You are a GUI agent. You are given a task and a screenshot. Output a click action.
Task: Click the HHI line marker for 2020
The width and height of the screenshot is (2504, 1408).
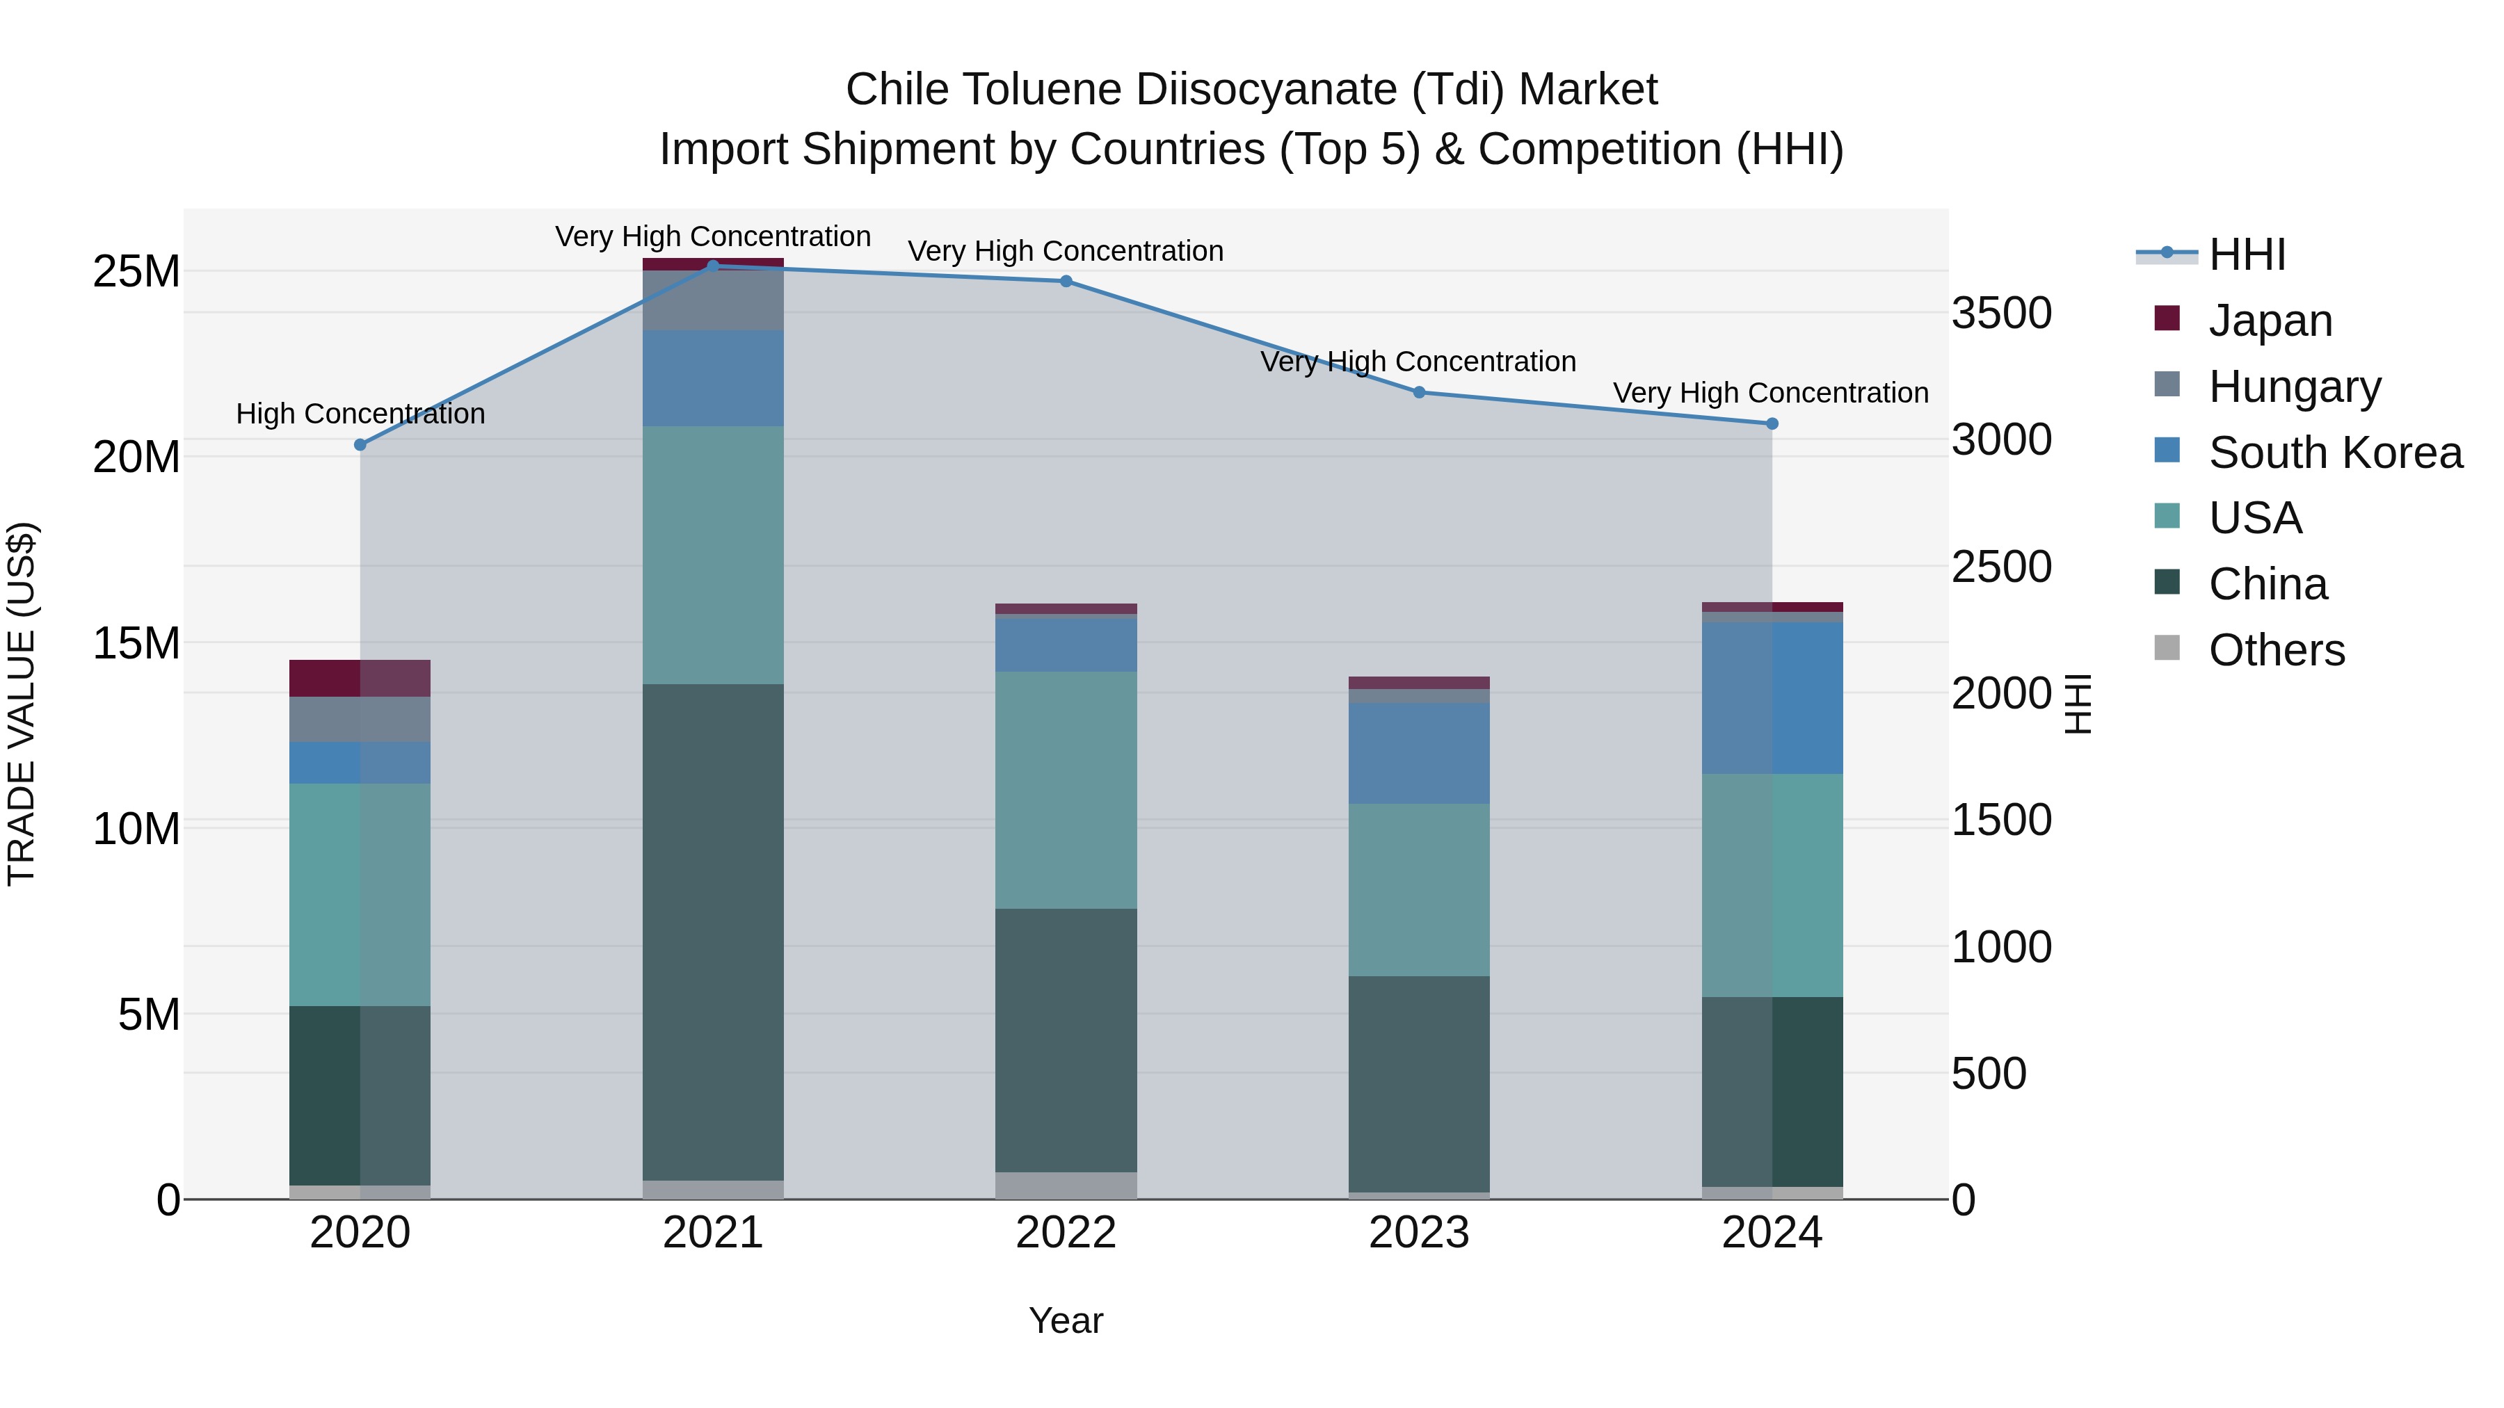pyautogui.click(x=360, y=445)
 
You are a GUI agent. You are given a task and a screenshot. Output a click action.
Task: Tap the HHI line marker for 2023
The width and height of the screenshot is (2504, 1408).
pyautogui.click(x=1418, y=393)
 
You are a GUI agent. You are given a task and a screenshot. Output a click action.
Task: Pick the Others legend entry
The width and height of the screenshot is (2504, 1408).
pyautogui.click(x=2276, y=650)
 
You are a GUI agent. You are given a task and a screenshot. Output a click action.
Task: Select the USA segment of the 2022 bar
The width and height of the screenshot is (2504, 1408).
pyautogui.click(x=1066, y=790)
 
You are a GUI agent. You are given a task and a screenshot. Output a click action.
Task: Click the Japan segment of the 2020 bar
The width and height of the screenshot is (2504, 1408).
pyautogui.click(x=360, y=678)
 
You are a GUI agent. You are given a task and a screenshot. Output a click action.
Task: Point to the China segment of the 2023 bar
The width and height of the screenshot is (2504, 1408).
pyautogui.click(x=1418, y=1083)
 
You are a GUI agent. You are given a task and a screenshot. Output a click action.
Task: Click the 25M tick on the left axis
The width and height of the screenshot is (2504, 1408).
pyautogui.click(x=136, y=272)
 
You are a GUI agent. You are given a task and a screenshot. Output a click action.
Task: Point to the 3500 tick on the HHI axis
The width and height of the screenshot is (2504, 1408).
pyautogui.click(x=2000, y=314)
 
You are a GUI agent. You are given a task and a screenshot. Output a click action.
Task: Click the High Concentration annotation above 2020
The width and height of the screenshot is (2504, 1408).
pyautogui.click(x=360, y=414)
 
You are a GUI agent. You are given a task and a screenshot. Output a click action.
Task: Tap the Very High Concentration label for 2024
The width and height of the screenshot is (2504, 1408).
pyautogui.click(x=1770, y=394)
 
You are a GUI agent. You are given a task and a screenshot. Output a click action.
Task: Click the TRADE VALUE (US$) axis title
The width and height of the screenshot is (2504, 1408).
pyautogui.click(x=22, y=704)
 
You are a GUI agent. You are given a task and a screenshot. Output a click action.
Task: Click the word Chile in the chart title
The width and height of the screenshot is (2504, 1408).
pyautogui.click(x=897, y=90)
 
